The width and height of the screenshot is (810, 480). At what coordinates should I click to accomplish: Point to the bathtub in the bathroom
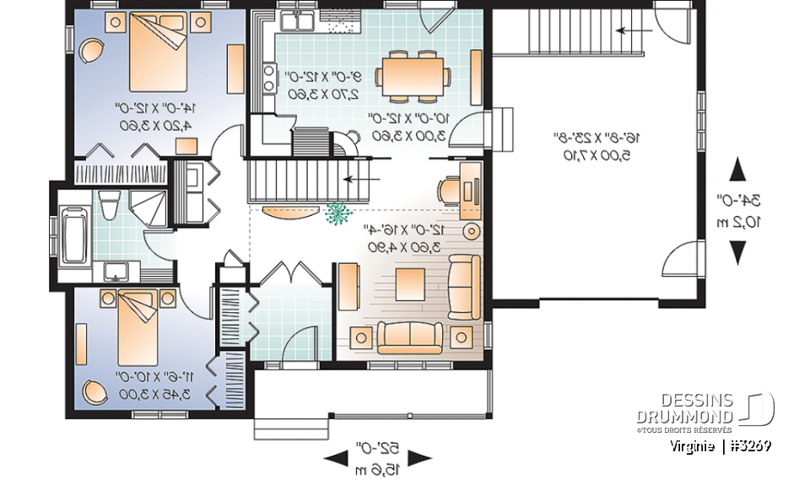73,229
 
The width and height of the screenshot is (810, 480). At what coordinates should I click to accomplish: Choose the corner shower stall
152,206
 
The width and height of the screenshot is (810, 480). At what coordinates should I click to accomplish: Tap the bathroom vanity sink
113,272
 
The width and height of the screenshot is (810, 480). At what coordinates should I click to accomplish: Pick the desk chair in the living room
447,186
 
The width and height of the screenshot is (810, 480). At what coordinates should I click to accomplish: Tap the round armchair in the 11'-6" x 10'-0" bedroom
94,391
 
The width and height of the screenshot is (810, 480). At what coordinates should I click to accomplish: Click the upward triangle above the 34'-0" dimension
738,169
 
